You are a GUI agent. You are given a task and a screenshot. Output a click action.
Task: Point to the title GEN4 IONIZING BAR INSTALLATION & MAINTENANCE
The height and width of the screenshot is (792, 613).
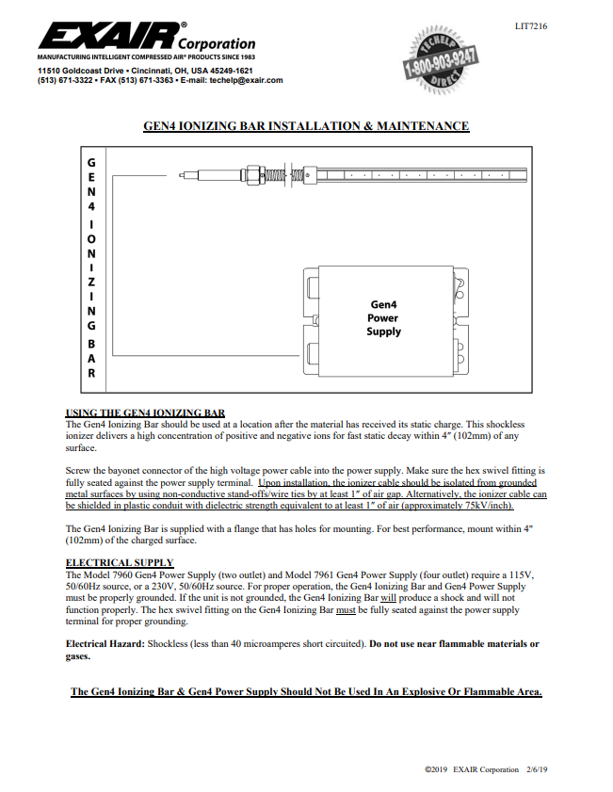305,126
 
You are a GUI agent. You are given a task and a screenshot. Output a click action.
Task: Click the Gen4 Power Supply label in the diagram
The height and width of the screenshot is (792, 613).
383,317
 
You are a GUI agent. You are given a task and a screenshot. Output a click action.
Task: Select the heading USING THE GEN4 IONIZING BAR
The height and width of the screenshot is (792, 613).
145,412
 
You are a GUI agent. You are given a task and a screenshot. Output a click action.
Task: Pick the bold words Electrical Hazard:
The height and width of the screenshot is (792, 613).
105,644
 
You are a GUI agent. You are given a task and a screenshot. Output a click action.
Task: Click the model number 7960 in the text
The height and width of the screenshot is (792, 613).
124,574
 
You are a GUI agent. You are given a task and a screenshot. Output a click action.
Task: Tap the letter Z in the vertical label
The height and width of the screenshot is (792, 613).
91,283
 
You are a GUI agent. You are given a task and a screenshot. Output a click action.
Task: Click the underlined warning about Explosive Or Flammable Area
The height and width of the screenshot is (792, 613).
306,692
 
